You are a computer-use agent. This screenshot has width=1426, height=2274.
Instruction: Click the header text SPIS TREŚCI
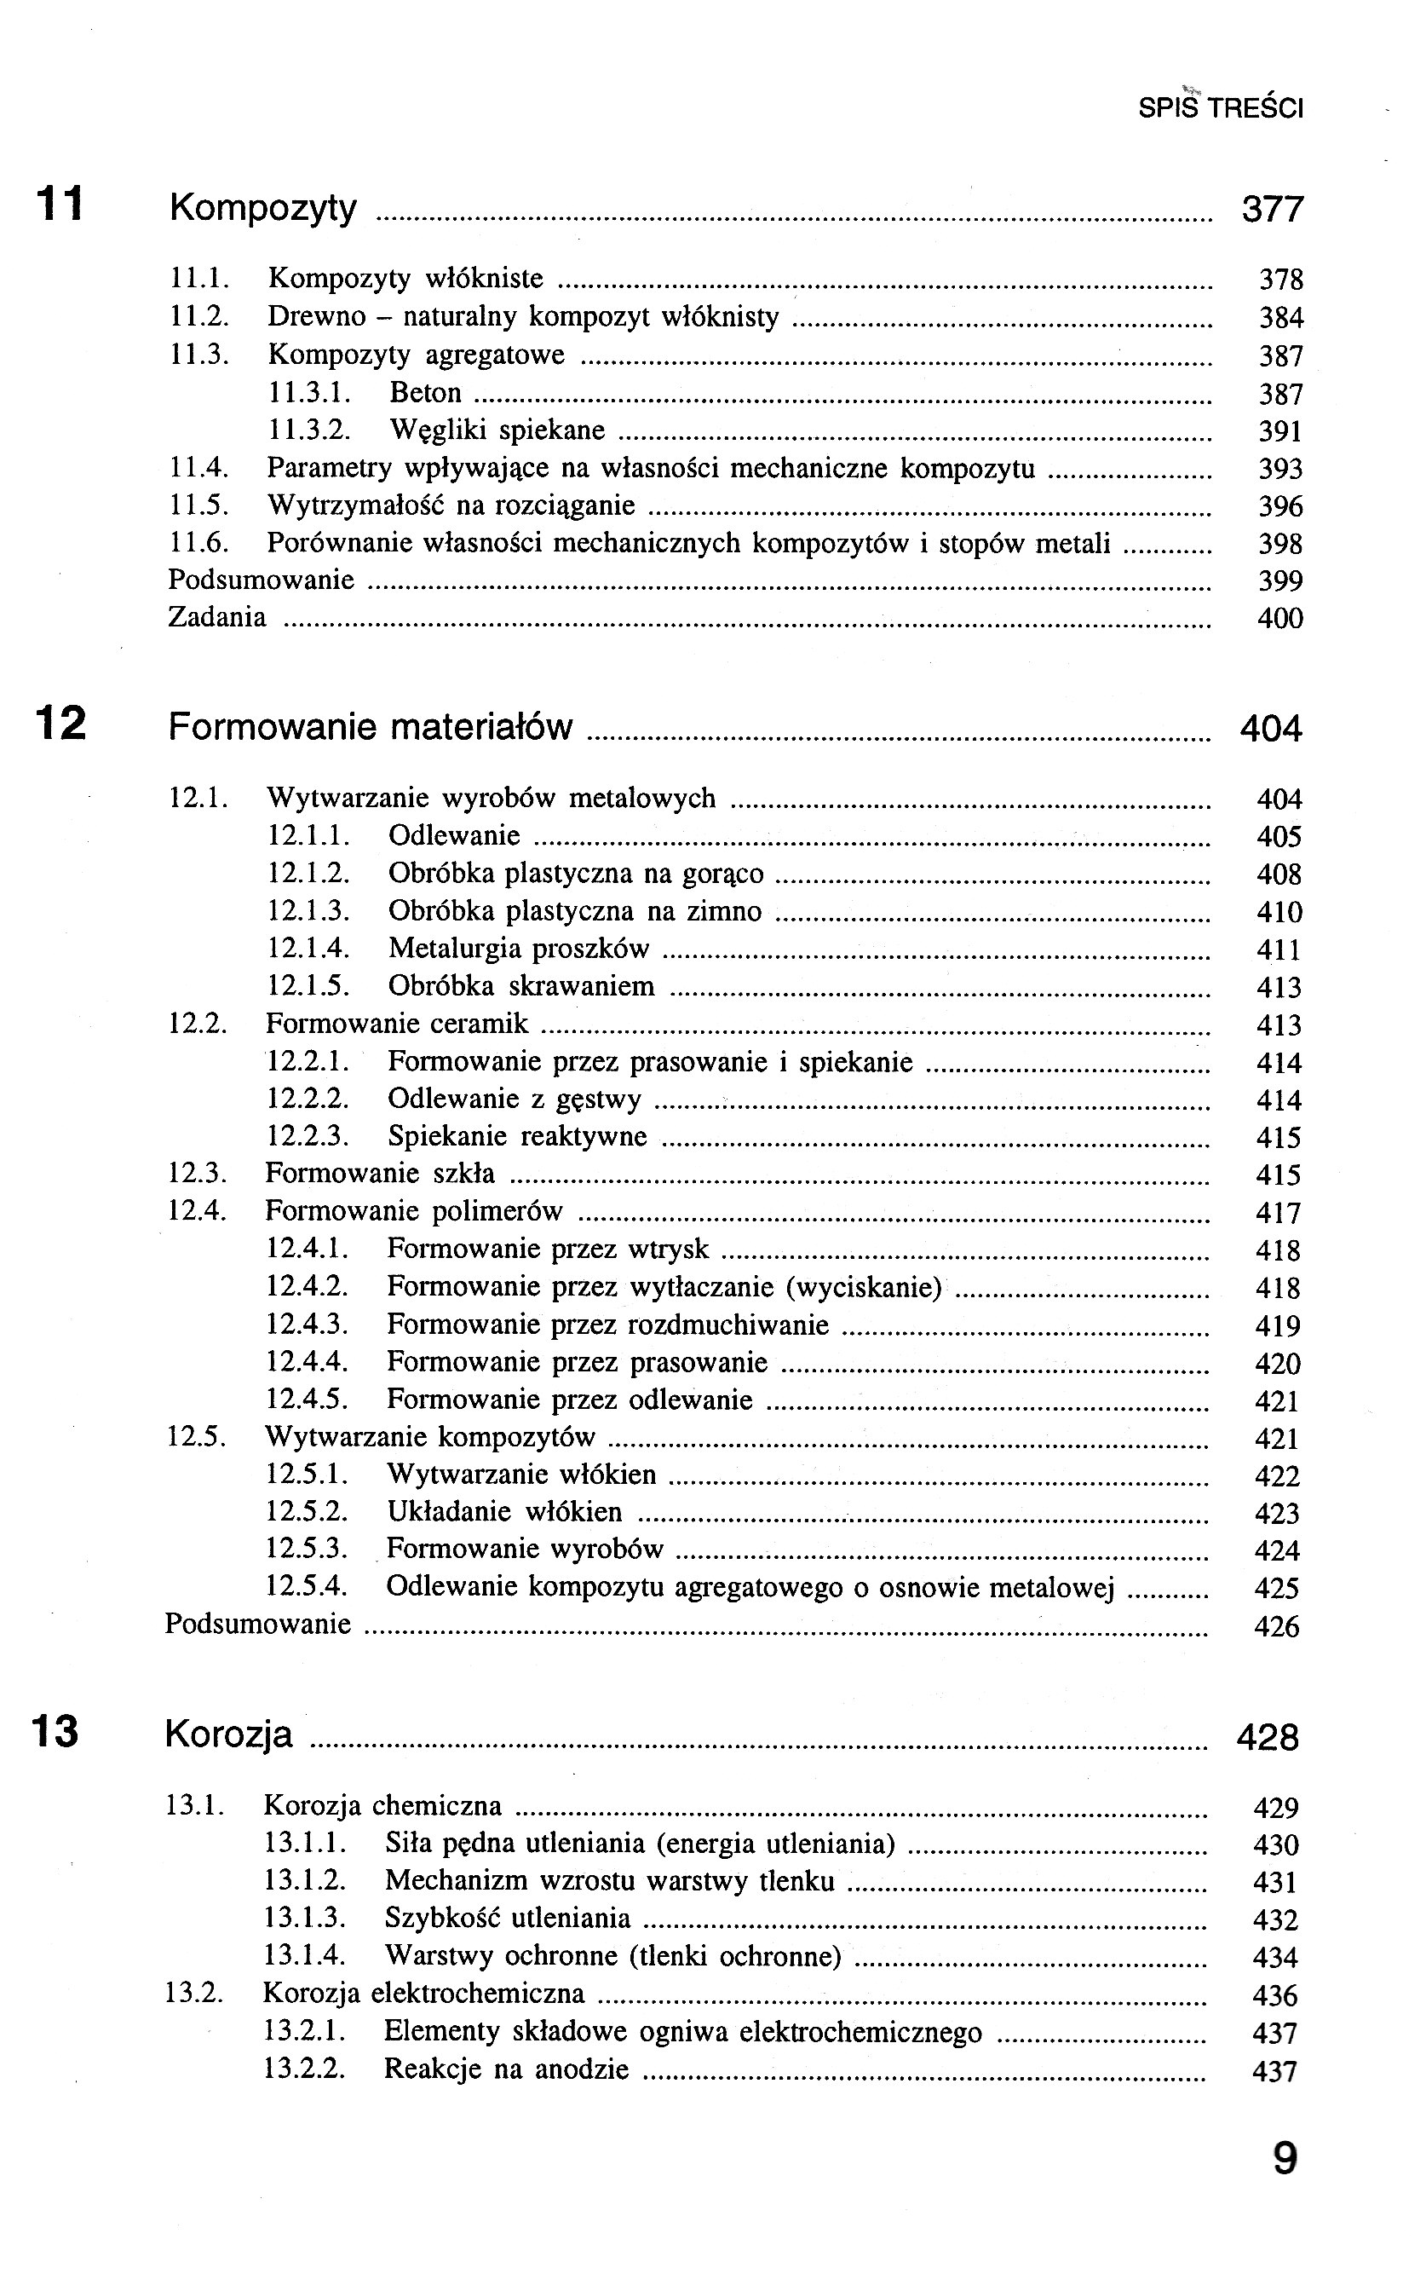tap(1221, 108)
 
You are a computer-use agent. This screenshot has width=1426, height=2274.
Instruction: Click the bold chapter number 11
tap(60, 204)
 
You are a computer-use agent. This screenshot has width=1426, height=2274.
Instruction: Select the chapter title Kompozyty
tap(263, 208)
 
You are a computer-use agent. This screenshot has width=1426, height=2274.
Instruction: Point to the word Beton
tap(425, 393)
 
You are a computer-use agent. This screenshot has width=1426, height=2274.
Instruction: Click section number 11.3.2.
tap(309, 430)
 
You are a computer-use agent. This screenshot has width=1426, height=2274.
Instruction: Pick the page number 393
tap(1279, 469)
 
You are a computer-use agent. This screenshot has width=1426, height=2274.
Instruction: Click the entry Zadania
tap(217, 617)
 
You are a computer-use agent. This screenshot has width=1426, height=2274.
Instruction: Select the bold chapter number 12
tap(60, 724)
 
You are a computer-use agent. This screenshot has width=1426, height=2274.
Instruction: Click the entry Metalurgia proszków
tap(519, 949)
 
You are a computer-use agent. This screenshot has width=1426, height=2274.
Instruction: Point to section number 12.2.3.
tap(308, 1136)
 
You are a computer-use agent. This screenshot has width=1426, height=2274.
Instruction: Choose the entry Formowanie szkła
tap(379, 1174)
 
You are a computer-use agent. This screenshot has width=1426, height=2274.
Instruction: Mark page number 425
tap(1277, 1588)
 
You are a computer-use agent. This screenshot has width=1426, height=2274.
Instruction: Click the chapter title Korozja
tap(228, 1734)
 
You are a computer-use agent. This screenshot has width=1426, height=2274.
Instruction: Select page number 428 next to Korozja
tap(1268, 1737)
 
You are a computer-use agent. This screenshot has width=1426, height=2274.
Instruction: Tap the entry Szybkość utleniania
tap(508, 1919)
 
